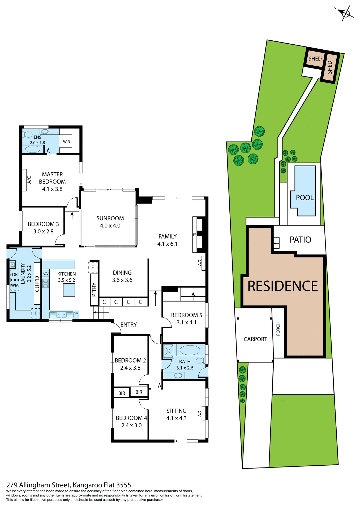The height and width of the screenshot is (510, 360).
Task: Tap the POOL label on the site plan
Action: pos(305,198)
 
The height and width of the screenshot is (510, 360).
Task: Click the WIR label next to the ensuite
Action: pos(66,142)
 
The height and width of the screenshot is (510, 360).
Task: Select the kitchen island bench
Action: pos(69,290)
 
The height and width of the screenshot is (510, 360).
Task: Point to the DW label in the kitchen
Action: pos(76,313)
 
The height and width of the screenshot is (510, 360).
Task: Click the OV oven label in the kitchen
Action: pos(46,273)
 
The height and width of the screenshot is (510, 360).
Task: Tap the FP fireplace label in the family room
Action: pos(195,235)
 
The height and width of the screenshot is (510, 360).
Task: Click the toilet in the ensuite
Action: pos(27,134)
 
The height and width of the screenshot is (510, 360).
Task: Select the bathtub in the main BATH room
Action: pos(190,350)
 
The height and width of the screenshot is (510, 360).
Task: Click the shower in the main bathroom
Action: pos(168,351)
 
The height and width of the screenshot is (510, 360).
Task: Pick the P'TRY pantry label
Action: pos(94,290)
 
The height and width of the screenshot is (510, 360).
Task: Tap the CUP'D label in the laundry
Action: pos(37,284)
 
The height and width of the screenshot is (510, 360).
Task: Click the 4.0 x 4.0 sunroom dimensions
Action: pos(110,226)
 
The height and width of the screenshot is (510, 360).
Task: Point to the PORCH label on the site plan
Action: pos(278,329)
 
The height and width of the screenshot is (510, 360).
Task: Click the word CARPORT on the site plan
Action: pos(255,339)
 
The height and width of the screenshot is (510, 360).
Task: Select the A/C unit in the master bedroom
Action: pos(24,180)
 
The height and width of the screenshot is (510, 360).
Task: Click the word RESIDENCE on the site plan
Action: pos(282,286)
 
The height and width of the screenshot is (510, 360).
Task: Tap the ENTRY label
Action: pos(128,325)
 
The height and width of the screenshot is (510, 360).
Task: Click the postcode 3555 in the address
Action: pos(124,485)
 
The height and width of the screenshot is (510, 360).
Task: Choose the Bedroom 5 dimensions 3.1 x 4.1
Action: pos(186,322)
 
